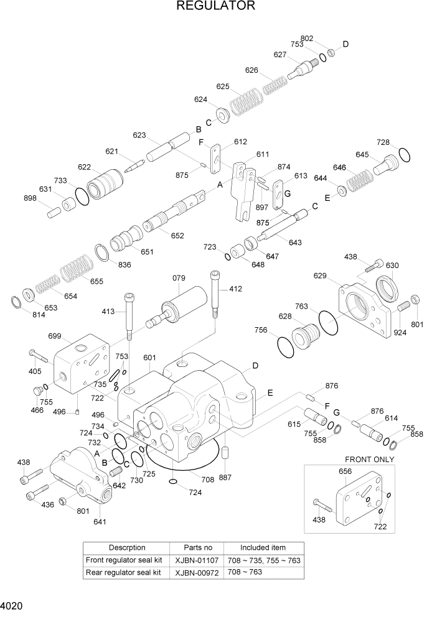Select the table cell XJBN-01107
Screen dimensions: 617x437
tap(198, 560)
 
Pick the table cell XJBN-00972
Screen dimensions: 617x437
tap(198, 572)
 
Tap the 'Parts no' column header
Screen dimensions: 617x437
tap(198, 547)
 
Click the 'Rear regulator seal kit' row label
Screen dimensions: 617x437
tap(123, 572)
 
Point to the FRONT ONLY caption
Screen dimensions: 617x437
tap(370, 460)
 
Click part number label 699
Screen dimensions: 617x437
tap(55, 336)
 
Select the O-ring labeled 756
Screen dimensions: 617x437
tap(285, 347)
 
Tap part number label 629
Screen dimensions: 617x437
tap(320, 276)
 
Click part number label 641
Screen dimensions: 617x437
tap(100, 522)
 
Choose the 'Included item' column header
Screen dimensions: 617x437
tap(263, 547)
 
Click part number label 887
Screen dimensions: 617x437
tap(225, 478)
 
